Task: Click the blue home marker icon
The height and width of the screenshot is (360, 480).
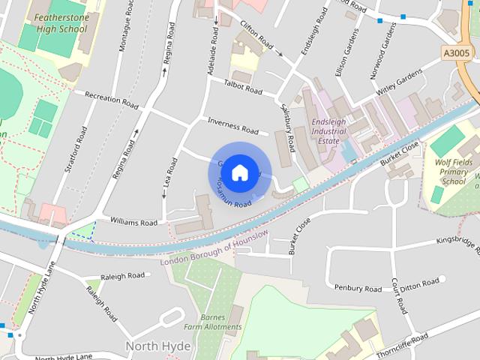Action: click(239, 173)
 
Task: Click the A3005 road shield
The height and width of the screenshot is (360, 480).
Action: click(457, 53)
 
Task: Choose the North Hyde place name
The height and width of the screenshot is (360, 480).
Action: click(157, 346)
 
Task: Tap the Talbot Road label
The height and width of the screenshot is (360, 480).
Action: click(243, 88)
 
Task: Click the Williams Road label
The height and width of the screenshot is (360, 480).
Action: click(133, 222)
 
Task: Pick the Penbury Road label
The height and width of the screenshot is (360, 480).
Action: click(358, 288)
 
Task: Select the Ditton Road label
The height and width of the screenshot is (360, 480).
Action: click(418, 283)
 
